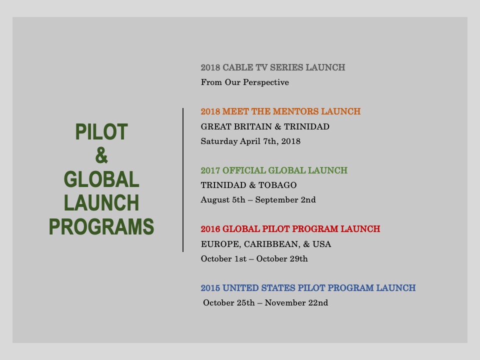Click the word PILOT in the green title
101,132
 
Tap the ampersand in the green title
101,155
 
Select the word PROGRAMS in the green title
101,226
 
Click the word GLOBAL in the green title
101,179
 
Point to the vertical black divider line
183,180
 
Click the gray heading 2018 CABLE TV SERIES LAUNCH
273,67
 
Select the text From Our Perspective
245,82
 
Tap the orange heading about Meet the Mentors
280,111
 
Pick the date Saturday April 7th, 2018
250,141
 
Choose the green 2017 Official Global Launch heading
274,170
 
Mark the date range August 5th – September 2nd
258,199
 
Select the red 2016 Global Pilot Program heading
290,229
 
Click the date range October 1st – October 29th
254,258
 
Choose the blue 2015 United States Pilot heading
308,288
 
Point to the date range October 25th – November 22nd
265,303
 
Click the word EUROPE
221,244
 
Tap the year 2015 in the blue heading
210,288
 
